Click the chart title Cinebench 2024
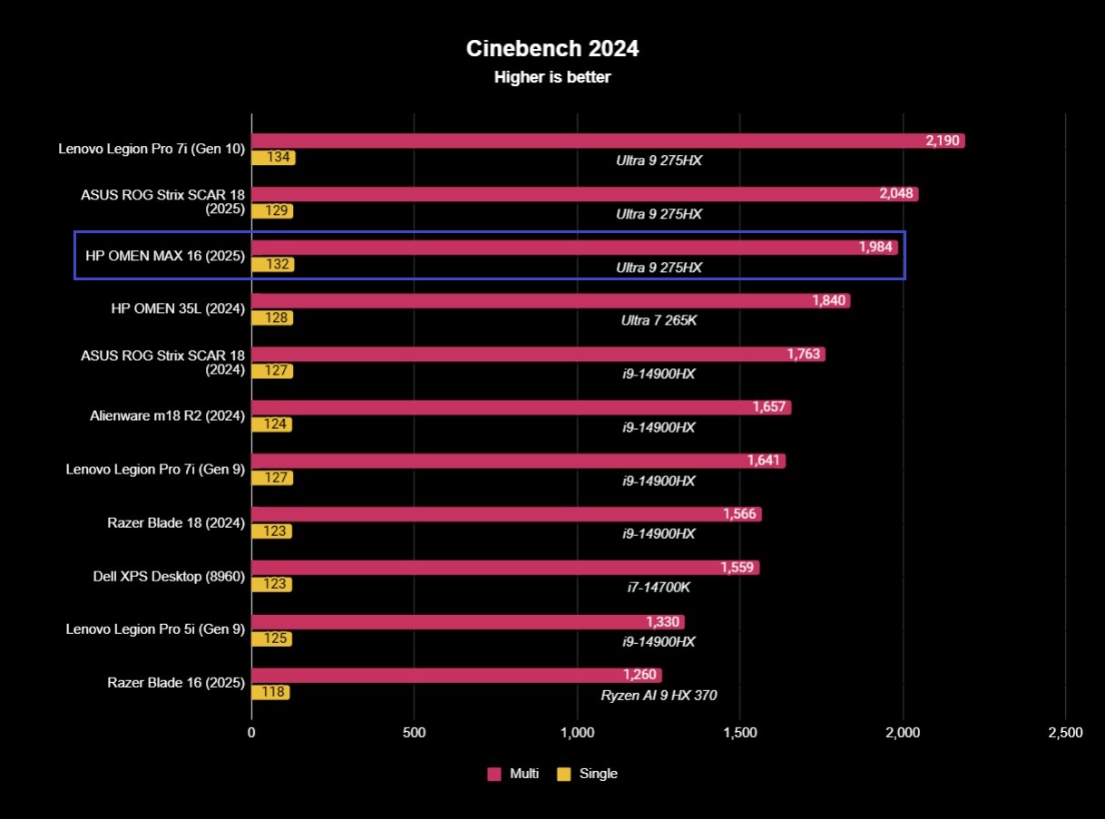coord(552,48)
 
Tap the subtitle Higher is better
coord(552,78)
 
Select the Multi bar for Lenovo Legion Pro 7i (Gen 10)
coord(607,141)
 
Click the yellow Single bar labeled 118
coord(270,692)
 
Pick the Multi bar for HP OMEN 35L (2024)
coord(550,301)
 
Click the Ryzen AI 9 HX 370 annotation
coord(659,696)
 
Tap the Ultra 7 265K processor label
coord(659,320)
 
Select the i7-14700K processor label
coord(659,588)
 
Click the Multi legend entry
coord(513,774)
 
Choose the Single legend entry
coord(587,774)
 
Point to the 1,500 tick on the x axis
coord(740,733)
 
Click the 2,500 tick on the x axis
coord(1065,733)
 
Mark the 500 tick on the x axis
coord(414,733)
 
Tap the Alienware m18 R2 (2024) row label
coord(168,416)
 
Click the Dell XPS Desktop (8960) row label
coord(169,576)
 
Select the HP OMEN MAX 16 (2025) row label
coord(165,256)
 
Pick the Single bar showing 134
coord(273,158)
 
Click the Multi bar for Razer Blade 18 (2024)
coord(505,514)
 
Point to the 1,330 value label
coord(662,621)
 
